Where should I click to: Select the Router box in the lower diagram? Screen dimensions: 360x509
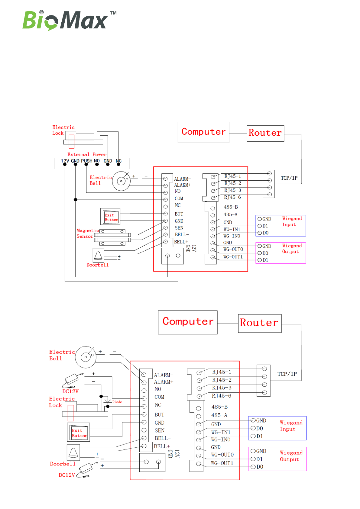[260, 323]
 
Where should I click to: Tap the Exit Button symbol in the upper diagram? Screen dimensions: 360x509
[110, 217]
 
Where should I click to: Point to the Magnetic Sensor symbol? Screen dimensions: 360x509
[112, 237]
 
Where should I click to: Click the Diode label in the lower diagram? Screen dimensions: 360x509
[117, 402]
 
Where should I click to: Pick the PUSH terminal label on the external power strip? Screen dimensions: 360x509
[87, 161]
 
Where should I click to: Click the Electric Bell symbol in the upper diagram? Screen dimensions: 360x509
[121, 181]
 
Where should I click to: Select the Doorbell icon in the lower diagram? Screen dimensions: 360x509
[73, 452]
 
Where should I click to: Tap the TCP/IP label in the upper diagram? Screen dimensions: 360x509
[289, 178]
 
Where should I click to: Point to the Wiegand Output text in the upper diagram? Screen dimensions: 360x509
[292, 248]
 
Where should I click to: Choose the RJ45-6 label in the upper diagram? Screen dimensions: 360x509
[232, 197]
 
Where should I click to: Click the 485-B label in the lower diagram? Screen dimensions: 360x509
[219, 407]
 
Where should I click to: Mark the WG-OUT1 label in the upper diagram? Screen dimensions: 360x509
[233, 257]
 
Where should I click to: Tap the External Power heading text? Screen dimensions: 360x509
[87, 155]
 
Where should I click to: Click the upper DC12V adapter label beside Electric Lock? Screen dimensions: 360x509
[70, 391]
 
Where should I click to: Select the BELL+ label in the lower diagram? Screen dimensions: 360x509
[162, 446]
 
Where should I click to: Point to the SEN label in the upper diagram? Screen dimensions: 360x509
[179, 228]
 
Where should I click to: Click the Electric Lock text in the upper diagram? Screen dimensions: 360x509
[63, 130]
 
